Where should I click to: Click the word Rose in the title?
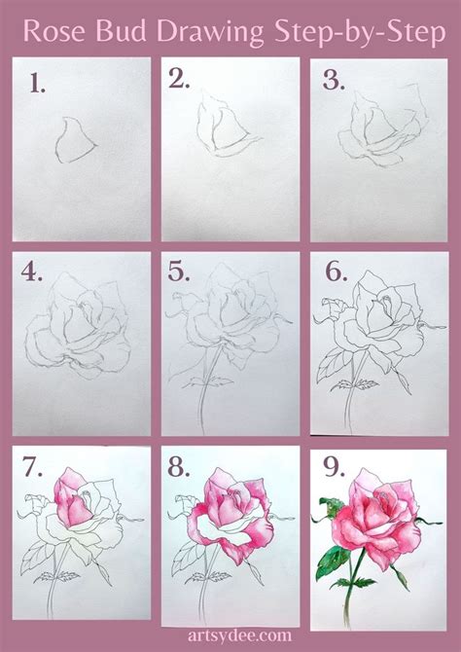click(53, 31)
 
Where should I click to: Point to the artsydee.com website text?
click(239, 635)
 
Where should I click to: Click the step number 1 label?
click(37, 83)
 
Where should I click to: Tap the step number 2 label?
click(179, 78)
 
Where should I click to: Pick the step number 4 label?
click(31, 272)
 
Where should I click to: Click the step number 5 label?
click(179, 272)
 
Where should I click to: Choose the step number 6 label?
click(336, 272)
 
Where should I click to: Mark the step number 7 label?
click(32, 467)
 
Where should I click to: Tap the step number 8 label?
click(179, 467)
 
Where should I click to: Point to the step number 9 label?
click(334, 467)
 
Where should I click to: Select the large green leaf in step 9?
click(332, 562)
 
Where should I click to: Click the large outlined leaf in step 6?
click(331, 366)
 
